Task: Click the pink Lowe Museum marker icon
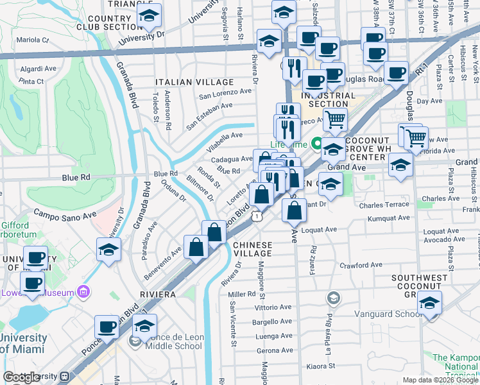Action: (82, 292)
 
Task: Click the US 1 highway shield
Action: (257, 218)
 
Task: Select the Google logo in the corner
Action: (22, 377)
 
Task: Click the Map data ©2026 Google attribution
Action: (440, 380)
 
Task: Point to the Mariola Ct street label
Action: (33, 40)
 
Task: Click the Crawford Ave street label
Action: (361, 264)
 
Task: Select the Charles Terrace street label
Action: (384, 205)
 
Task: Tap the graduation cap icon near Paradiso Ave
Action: (109, 250)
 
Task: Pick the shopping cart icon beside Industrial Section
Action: (334, 119)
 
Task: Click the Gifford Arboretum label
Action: (14, 230)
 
